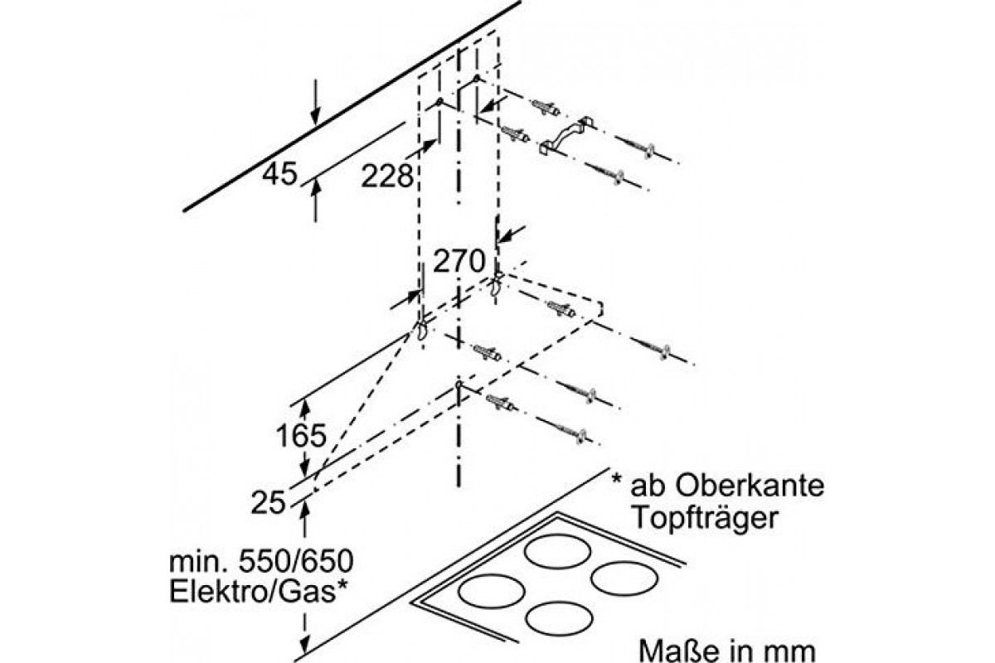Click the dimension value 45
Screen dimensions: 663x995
tap(279, 175)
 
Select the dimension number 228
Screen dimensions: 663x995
tap(387, 175)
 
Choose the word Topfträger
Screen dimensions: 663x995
tap(706, 518)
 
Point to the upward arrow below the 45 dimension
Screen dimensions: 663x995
tap(315, 193)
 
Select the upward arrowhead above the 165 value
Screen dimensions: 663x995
tap(305, 408)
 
